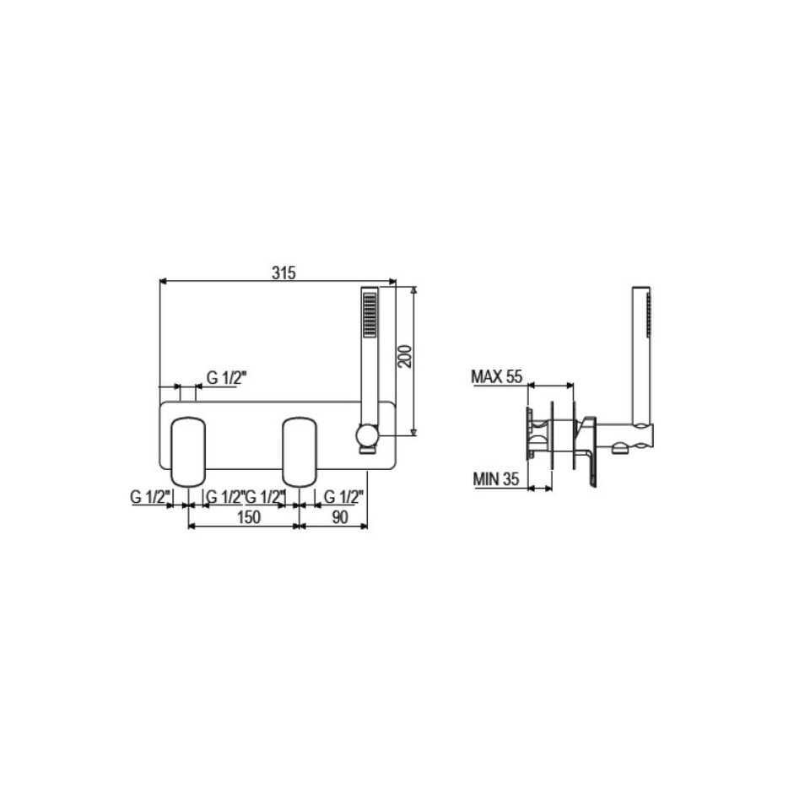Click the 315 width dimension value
pyautogui.click(x=283, y=273)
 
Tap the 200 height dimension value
pyautogui.click(x=406, y=356)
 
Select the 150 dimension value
pyautogui.click(x=248, y=516)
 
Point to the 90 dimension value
pyautogui.click(x=340, y=516)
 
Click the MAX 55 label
pyautogui.click(x=497, y=376)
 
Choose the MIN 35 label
pyautogui.click(x=495, y=479)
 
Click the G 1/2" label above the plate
pyautogui.click(x=226, y=378)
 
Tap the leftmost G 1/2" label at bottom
pyautogui.click(x=150, y=497)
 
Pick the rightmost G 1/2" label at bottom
pyautogui.click(x=344, y=497)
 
